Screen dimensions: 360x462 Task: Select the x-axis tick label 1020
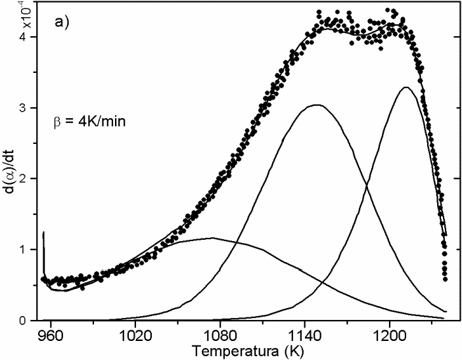(135, 333)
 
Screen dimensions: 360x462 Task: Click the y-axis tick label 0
(31, 321)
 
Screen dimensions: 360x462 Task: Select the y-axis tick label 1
(31, 250)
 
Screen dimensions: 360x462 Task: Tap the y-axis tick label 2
(31, 179)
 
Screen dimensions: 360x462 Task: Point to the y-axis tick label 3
(31, 108)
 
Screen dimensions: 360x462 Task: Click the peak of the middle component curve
(317, 105)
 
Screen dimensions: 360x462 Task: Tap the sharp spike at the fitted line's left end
(43, 233)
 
